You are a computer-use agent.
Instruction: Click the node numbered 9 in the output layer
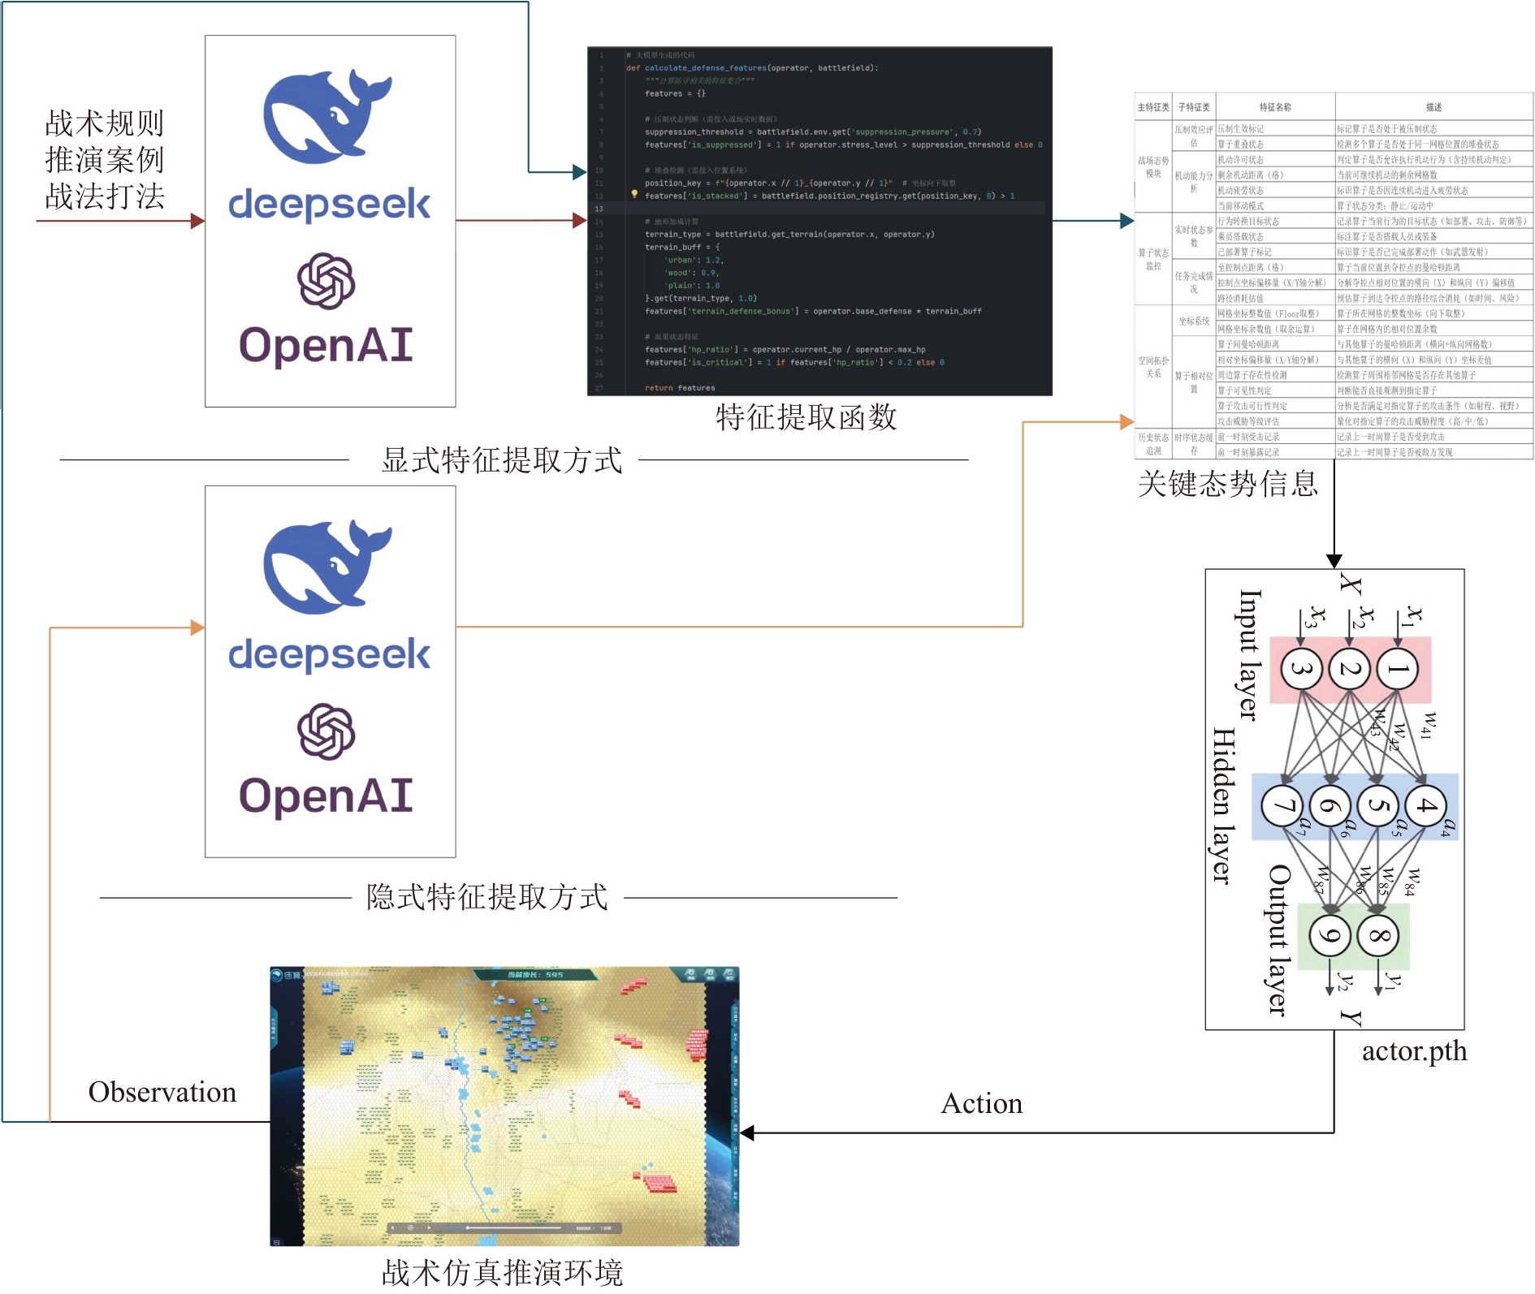click(x=1330, y=935)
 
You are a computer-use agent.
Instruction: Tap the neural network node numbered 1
click(x=1398, y=669)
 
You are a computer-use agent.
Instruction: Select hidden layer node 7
click(x=1282, y=806)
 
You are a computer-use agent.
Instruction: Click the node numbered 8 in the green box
click(x=1378, y=935)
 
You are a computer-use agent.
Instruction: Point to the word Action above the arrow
click(x=981, y=1103)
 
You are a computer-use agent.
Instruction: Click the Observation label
click(x=162, y=1092)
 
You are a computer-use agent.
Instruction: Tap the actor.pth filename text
click(x=1414, y=1051)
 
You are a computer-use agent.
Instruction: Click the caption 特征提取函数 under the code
click(x=806, y=417)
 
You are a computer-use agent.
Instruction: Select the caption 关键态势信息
click(x=1227, y=484)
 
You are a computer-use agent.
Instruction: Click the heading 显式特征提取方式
click(x=502, y=460)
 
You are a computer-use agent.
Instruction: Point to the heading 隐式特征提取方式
click(x=487, y=897)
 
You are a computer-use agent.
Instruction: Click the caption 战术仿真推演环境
click(x=502, y=1272)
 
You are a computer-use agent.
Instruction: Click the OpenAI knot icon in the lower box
click(x=326, y=731)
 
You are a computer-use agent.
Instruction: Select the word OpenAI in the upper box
click(x=326, y=345)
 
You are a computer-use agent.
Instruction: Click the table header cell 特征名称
click(x=1275, y=107)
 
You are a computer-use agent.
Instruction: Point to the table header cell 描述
click(x=1434, y=107)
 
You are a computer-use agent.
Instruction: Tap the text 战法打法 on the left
click(x=105, y=196)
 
